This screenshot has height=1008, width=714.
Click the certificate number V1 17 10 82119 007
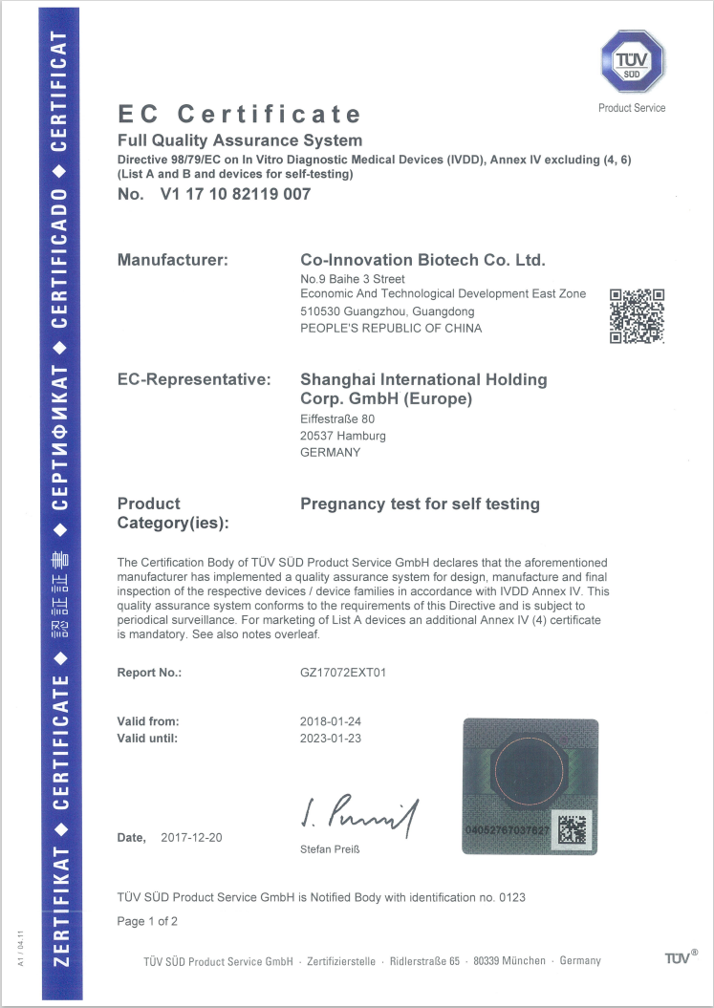point(237,194)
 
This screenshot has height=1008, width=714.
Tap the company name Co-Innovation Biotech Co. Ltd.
point(422,260)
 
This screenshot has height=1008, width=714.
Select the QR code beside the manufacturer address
point(637,315)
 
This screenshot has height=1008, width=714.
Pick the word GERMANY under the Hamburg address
point(331,452)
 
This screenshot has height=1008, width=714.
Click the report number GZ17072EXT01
point(344,673)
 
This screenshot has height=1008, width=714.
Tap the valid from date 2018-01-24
point(331,721)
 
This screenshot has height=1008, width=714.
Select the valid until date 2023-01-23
point(331,739)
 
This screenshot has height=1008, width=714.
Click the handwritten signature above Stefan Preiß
point(358,814)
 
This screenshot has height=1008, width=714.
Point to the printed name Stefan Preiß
point(330,849)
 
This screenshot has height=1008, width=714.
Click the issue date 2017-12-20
point(191,837)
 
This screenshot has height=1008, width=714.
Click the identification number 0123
point(512,897)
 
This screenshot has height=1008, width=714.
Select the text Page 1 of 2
point(147,921)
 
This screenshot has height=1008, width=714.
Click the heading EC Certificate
point(239,115)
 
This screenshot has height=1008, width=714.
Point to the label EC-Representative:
point(194,379)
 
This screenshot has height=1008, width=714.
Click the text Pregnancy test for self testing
point(420,504)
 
